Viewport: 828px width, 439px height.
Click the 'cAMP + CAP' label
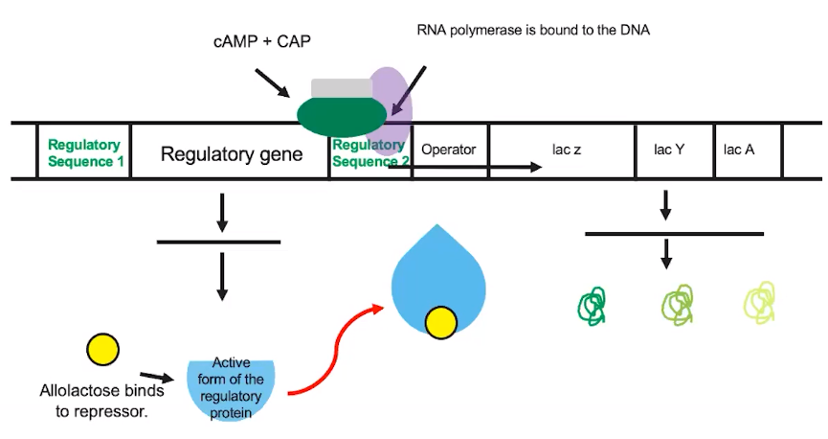[260, 43]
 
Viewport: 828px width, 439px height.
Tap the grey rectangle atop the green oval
[342, 88]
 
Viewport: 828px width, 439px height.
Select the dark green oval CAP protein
[341, 116]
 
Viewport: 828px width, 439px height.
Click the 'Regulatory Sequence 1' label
[85, 153]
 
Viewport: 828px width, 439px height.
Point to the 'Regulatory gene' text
[232, 153]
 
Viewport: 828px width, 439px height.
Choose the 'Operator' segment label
[448, 150]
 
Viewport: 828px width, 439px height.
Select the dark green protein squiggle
[593, 305]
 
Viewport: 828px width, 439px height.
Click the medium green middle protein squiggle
[677, 304]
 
